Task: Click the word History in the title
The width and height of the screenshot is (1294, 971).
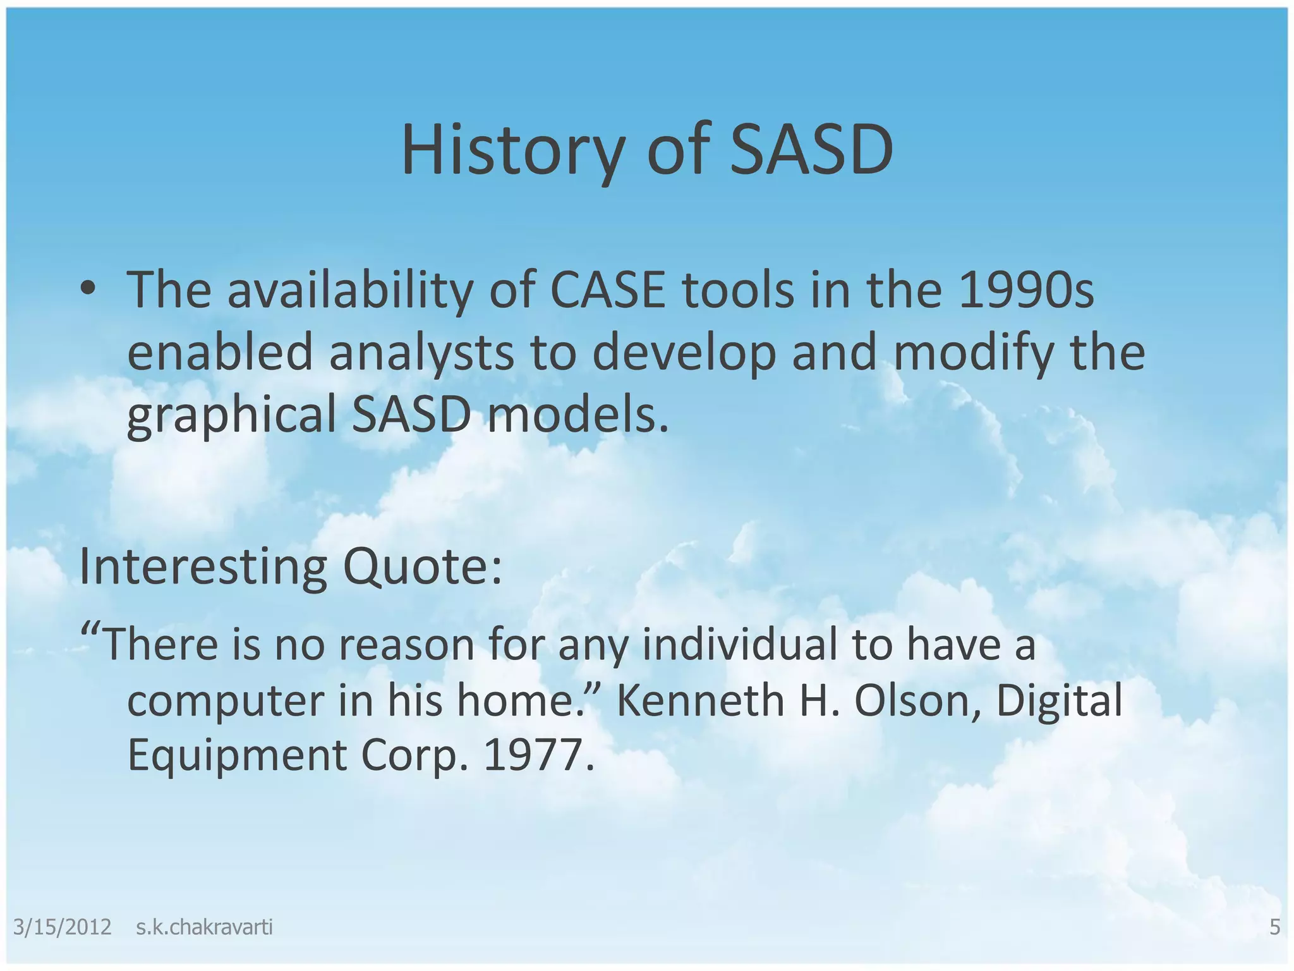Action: pyautogui.click(x=512, y=150)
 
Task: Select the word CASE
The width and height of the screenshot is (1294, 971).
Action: pyautogui.click(x=608, y=290)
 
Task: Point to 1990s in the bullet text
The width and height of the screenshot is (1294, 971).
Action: pyautogui.click(x=1025, y=290)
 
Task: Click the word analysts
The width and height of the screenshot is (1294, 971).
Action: pyautogui.click(x=421, y=353)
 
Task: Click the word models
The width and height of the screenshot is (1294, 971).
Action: pyautogui.click(x=577, y=416)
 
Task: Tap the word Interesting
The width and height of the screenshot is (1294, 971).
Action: pyautogui.click(x=203, y=567)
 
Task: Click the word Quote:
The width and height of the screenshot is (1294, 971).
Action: pyautogui.click(x=423, y=567)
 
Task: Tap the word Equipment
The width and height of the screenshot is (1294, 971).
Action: pyautogui.click(x=237, y=755)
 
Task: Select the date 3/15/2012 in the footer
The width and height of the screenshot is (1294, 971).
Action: pyautogui.click(x=62, y=927)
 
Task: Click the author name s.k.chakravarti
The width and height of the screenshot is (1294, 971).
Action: pyautogui.click(x=204, y=927)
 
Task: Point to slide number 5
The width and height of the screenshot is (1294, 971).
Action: pyautogui.click(x=1274, y=927)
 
